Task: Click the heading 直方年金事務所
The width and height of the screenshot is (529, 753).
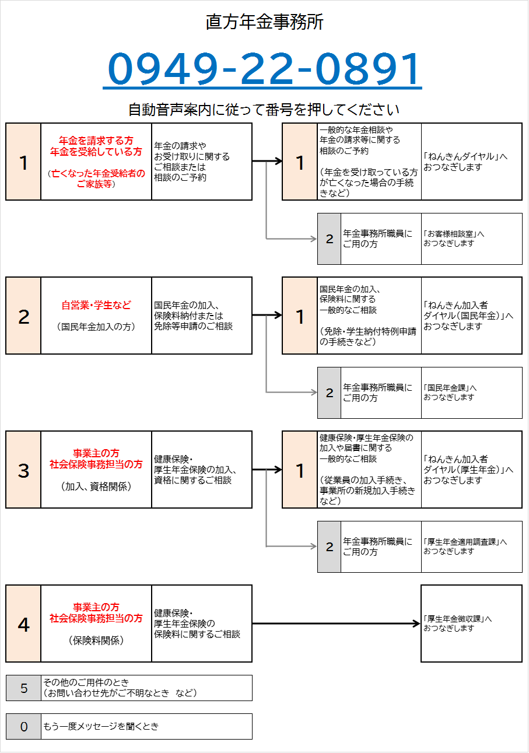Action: (264, 23)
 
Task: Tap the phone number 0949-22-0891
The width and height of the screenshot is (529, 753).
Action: (264, 69)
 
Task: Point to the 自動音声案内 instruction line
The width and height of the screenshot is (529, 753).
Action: (264, 110)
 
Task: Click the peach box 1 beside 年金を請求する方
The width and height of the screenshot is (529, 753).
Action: (23, 162)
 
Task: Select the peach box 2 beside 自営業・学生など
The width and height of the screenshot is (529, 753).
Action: (23, 316)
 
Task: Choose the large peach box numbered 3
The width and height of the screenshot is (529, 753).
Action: (23, 470)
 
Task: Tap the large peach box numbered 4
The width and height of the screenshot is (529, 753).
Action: (23, 624)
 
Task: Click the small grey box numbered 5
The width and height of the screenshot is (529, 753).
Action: (23, 688)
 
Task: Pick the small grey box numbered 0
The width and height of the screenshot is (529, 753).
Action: (23, 726)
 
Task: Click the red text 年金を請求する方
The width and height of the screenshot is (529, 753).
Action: (96, 141)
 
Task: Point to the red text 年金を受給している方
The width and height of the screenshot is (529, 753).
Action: (96, 152)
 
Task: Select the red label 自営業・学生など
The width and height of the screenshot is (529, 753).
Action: (96, 305)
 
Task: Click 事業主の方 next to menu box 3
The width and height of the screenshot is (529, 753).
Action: (96, 453)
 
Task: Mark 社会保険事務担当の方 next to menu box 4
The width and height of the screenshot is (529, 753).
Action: (96, 618)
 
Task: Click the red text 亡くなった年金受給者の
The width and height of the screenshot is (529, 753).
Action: (98, 173)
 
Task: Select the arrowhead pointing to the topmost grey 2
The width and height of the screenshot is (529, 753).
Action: (314, 239)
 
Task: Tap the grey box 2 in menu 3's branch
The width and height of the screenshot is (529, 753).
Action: (329, 547)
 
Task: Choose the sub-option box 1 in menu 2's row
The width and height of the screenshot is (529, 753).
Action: (300, 316)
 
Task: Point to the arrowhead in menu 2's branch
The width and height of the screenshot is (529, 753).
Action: (314, 393)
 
